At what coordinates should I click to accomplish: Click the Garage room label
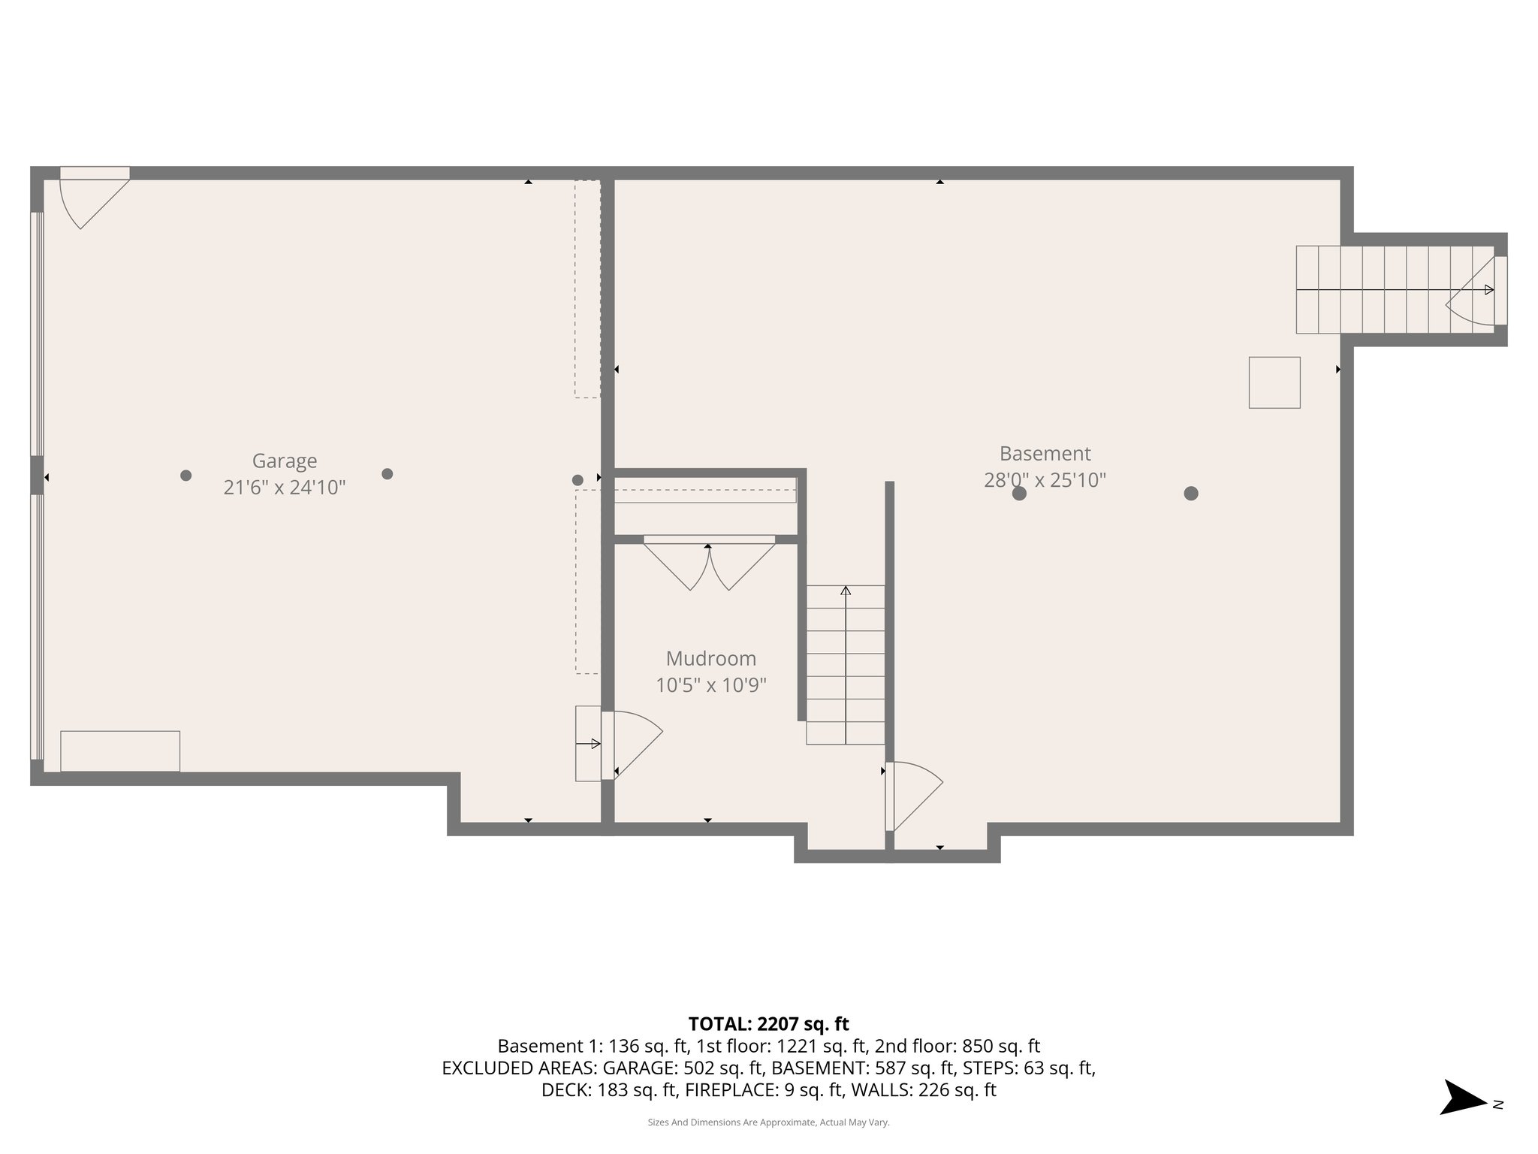(x=284, y=461)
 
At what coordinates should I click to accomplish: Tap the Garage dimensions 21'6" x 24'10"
(x=284, y=488)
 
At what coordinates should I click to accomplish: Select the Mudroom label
(x=710, y=659)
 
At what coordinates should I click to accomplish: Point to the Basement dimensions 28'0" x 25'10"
(x=1045, y=480)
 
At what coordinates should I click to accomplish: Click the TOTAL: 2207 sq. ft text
(x=768, y=1024)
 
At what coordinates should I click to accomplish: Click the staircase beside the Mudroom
(x=845, y=665)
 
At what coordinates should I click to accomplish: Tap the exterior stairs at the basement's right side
(x=1393, y=290)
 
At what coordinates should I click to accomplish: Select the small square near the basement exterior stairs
(x=1274, y=382)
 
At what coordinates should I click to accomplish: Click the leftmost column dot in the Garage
(x=186, y=475)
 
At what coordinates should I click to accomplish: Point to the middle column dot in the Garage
(x=388, y=474)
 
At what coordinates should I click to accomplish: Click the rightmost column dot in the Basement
(x=1190, y=494)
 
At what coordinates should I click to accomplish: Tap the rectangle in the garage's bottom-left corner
(x=120, y=751)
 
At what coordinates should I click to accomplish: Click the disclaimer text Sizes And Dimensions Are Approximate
(x=768, y=1122)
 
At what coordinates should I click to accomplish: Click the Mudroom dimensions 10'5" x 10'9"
(x=710, y=686)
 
